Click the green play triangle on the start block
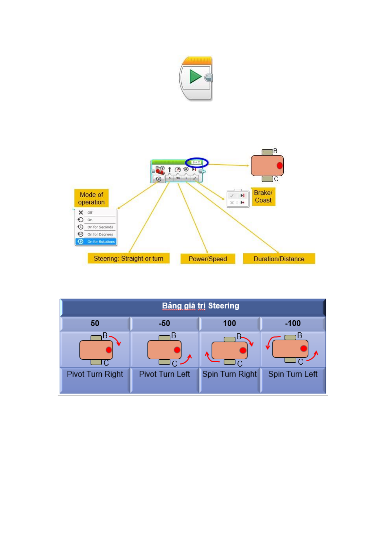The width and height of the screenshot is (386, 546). [195, 77]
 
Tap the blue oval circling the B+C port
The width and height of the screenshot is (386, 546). [197, 162]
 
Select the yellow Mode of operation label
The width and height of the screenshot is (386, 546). [91, 198]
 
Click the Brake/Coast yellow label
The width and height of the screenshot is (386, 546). [263, 197]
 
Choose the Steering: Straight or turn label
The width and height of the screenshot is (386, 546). [129, 259]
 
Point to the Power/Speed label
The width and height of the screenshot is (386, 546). [208, 259]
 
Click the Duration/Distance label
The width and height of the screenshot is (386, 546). [279, 259]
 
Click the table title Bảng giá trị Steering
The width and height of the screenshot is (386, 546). [200, 306]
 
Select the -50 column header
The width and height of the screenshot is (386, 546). [165, 323]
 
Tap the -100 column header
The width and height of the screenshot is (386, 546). [293, 323]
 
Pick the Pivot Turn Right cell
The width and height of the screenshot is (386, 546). [95, 374]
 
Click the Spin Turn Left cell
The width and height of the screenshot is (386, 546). [293, 374]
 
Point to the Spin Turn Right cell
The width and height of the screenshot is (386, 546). [229, 374]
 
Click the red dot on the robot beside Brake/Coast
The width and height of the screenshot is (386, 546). [280, 166]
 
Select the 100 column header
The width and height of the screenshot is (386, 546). [230, 323]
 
